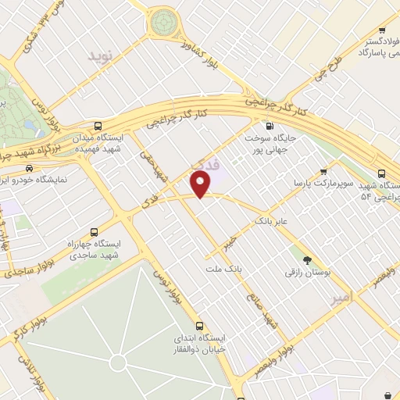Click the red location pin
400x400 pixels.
[202, 184]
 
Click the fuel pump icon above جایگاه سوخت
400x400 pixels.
[270, 126]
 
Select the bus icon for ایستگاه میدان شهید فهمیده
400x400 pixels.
[98, 126]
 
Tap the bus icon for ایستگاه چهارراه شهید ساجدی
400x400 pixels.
[95, 232]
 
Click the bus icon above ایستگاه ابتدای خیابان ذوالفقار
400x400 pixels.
[199, 326]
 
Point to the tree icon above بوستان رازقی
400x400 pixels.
[306, 261]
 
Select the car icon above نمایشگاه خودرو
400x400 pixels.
[30, 167]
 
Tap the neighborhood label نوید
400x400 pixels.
[101, 57]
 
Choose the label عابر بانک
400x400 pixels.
[271, 222]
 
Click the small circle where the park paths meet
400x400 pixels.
[118, 362]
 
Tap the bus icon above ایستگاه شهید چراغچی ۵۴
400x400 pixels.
[381, 173]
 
